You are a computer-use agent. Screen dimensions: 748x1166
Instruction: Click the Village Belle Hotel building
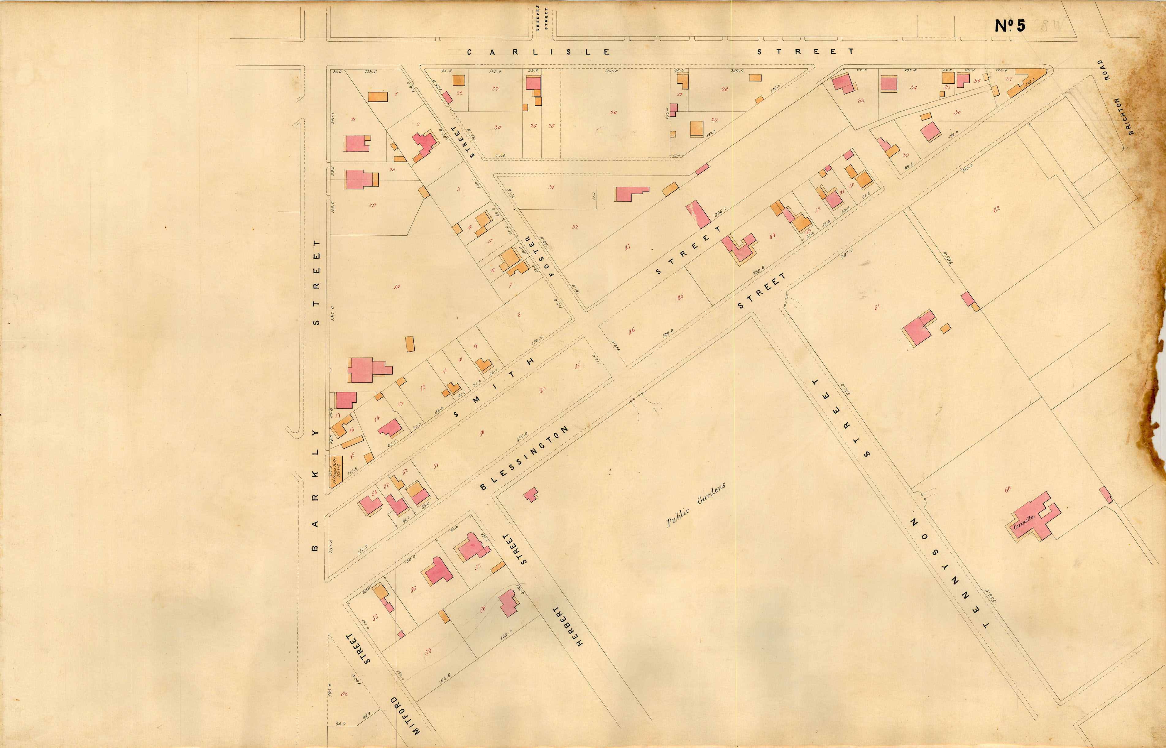coord(336,470)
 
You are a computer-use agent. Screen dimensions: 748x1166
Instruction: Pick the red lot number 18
coord(397,287)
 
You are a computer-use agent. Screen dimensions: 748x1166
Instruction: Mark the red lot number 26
coord(613,113)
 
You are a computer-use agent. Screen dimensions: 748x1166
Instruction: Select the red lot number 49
coord(542,389)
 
